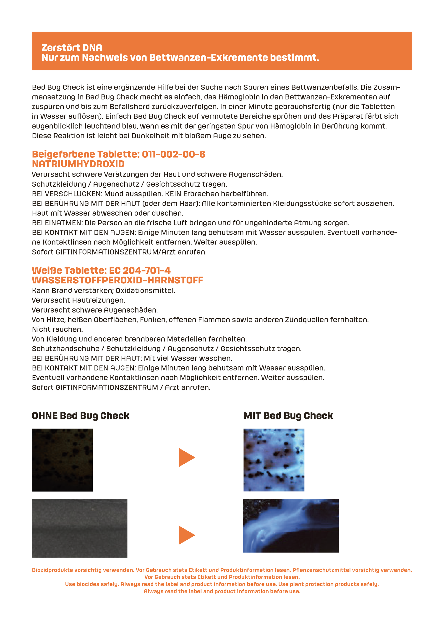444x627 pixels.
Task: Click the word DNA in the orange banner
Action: click(92, 48)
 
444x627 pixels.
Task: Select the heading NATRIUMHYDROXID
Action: click(78, 164)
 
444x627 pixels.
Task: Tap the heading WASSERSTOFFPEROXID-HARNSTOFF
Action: click(117, 280)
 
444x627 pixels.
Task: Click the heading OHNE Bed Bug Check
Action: click(80, 416)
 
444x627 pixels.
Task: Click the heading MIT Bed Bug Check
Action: click(288, 416)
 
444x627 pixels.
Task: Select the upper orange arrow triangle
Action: click(186, 457)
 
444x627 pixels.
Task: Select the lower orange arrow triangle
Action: click(186, 535)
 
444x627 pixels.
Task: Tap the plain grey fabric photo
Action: click(80, 528)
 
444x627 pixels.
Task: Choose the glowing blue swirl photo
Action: click(291, 526)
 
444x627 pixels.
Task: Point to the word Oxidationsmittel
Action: click(145, 290)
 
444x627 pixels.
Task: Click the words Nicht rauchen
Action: click(57, 329)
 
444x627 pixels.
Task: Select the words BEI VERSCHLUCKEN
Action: click(67, 194)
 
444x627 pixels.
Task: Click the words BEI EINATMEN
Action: click(57, 223)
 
